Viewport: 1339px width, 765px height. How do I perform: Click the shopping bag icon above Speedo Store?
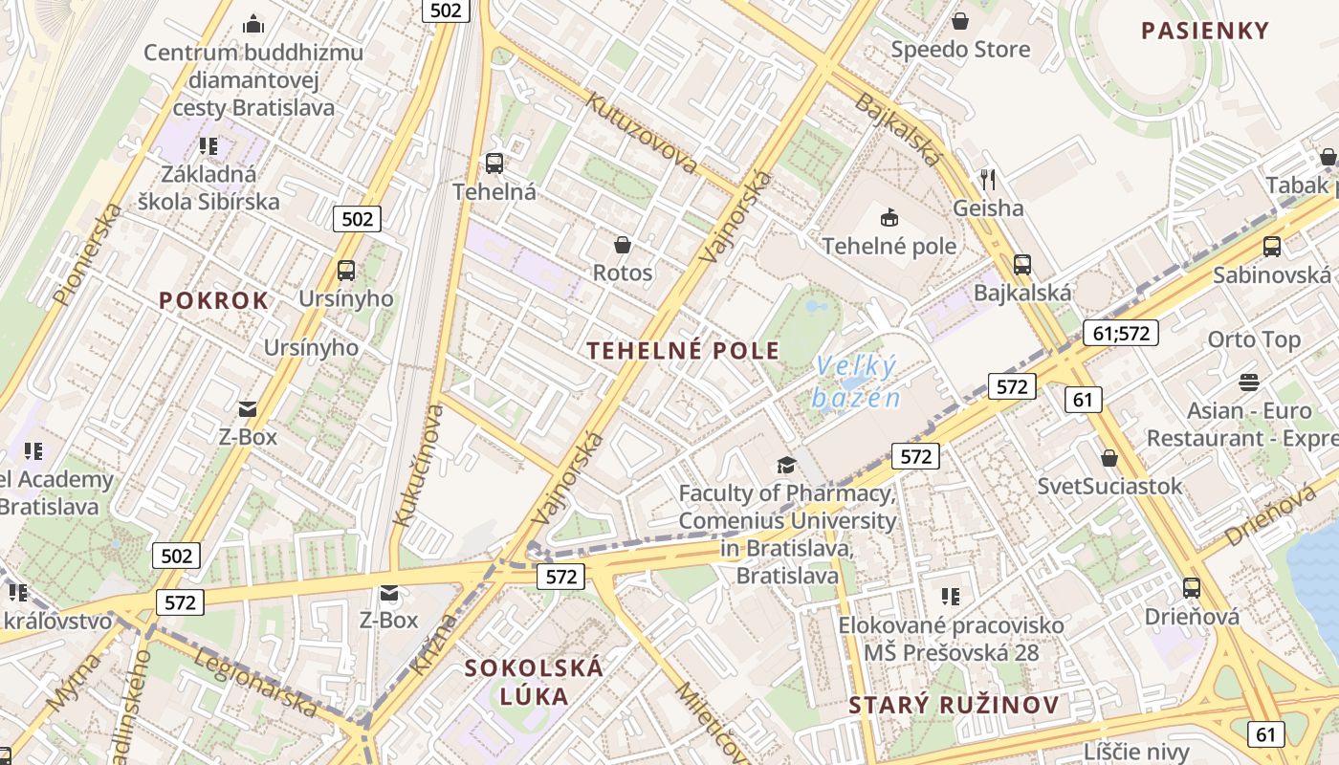(x=960, y=20)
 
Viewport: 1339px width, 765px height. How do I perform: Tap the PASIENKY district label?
(x=1204, y=31)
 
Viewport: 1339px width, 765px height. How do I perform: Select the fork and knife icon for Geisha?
(x=988, y=179)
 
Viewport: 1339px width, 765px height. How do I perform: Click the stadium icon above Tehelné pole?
(x=889, y=217)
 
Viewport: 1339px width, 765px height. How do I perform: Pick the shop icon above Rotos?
(x=623, y=245)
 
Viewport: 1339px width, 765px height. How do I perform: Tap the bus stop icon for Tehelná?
(x=494, y=164)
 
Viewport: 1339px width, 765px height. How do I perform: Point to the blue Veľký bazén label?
(x=857, y=382)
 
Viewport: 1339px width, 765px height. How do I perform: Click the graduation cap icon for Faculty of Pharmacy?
(x=786, y=465)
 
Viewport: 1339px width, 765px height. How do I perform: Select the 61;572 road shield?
(x=1120, y=333)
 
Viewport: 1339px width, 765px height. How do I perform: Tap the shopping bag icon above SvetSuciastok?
(x=1109, y=458)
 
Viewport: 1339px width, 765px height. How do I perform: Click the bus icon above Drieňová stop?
(x=1192, y=588)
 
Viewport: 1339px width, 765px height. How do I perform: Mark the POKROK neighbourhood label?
(x=214, y=300)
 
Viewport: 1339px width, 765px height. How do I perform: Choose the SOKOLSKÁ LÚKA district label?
(x=534, y=681)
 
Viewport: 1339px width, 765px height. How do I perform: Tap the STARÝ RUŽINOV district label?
(x=954, y=706)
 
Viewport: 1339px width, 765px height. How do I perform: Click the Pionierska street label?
(x=89, y=253)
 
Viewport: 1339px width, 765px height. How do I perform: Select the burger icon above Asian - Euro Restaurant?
(x=1248, y=382)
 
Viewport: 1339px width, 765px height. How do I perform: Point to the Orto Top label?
(x=1254, y=339)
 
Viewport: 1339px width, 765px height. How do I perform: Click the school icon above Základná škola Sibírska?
(x=209, y=146)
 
